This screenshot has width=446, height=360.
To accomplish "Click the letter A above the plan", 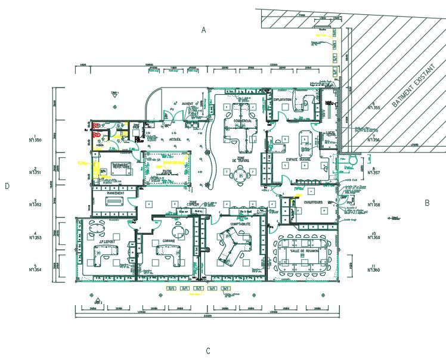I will [203, 30].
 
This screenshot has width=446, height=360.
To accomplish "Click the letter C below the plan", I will [208, 351].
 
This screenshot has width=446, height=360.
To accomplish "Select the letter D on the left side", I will [7, 186].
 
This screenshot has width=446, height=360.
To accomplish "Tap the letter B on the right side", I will [427, 203].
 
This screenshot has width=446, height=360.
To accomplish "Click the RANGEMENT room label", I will [116, 193].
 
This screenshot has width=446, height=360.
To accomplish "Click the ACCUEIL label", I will [175, 139].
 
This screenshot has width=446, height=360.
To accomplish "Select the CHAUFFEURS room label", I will [313, 202].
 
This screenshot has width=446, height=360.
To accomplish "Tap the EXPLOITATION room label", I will [283, 100].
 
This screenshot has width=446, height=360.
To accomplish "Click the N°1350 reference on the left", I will [35, 141].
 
